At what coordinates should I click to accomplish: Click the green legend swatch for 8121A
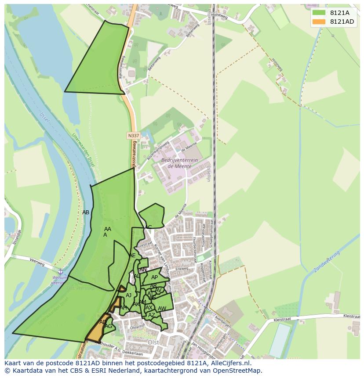point(319,13)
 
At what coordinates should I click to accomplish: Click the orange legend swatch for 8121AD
point(319,22)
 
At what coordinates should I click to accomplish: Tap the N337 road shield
point(134,136)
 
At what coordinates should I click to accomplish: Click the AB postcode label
point(86,212)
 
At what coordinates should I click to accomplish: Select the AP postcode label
point(154,277)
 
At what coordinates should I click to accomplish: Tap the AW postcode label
point(162,309)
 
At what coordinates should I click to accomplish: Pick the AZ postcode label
point(151,315)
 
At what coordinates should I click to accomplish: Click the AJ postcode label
point(128,295)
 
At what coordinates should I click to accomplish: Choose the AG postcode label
point(108,326)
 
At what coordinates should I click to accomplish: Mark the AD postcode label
point(103,322)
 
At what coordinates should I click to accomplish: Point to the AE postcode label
point(132,256)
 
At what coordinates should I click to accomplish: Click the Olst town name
point(153,342)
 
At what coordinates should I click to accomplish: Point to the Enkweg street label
point(182,269)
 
